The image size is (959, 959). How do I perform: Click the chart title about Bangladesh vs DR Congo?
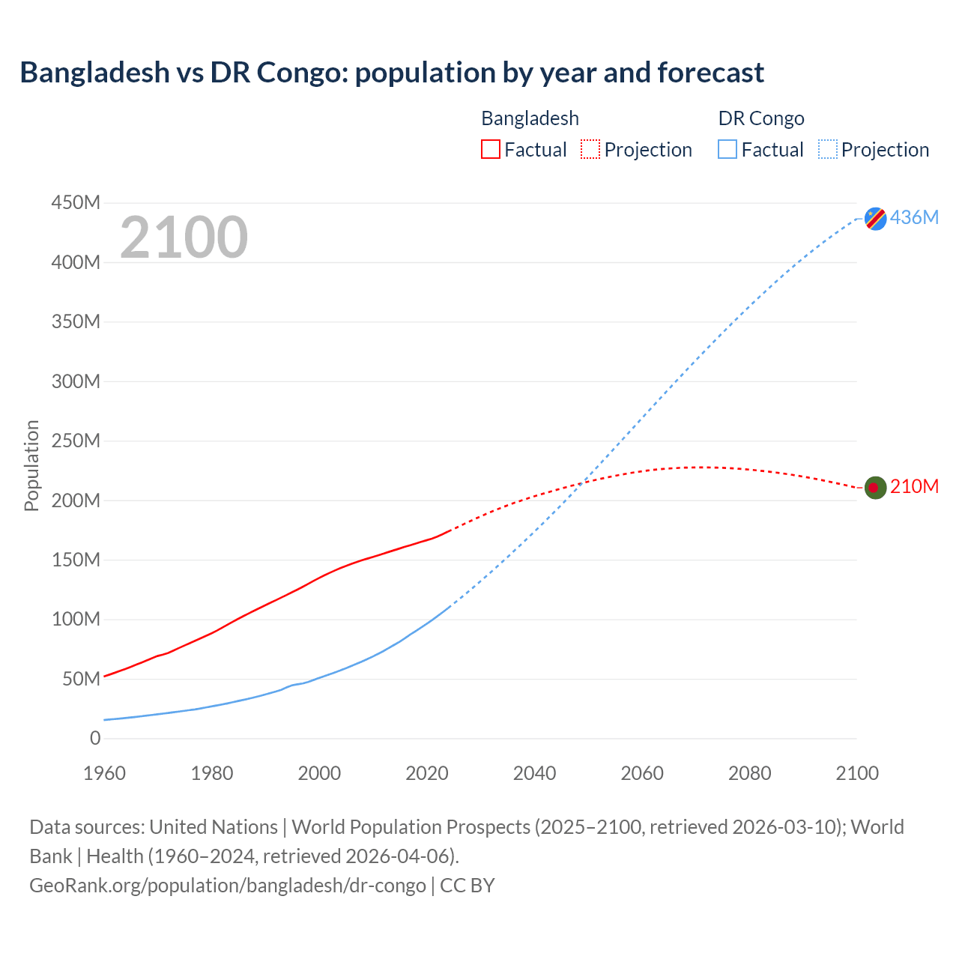(391, 73)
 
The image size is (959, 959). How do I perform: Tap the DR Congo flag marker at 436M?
(875, 218)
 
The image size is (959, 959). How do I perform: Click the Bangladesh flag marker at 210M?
(875, 488)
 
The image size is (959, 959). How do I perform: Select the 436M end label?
(914, 217)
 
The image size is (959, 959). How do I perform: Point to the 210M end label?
(914, 487)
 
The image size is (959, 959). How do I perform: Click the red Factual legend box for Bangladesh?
(490, 150)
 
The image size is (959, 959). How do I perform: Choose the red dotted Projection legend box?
(590, 150)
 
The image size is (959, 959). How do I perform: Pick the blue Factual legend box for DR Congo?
(727, 150)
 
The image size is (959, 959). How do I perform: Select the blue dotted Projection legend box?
(828, 150)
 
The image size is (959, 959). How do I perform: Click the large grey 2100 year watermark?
(184, 238)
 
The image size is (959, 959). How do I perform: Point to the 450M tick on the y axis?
(76, 203)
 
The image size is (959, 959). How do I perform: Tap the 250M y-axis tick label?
(76, 441)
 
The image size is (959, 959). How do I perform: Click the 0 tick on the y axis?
(95, 738)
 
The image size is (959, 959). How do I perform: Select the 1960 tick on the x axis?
(105, 773)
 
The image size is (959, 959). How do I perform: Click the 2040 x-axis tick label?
(534, 773)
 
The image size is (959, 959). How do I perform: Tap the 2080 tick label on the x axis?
(749, 773)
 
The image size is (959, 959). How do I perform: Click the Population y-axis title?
(31, 465)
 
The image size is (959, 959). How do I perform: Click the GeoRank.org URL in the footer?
(228, 886)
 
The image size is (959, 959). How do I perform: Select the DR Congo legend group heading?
(761, 118)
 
